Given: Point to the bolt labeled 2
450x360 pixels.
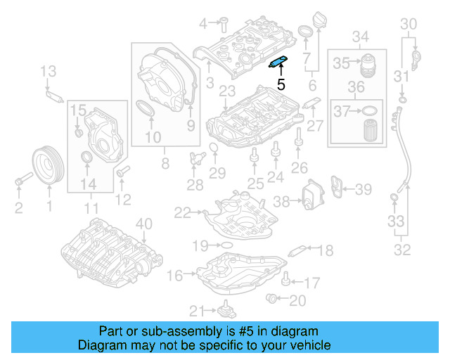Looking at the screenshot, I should pos(20,184).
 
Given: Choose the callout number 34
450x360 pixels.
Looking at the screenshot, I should pos(361,37).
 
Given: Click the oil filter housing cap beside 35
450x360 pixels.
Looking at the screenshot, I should pos(368,64).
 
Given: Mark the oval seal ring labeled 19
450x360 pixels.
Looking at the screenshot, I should pos(226,245).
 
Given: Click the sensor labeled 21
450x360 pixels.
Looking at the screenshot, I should pos(226,309).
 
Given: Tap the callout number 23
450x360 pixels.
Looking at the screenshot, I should pos(226,91).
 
